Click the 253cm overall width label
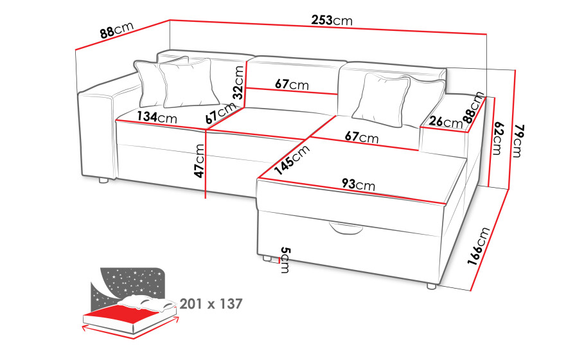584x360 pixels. pos(332,20)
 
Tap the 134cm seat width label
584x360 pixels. pos(157,117)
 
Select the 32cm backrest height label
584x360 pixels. pos(238,82)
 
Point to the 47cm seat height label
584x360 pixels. pos(199,161)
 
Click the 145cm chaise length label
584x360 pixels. pos(292,159)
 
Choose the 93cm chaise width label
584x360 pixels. pos(358,184)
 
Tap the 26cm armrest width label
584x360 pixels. pos(445,122)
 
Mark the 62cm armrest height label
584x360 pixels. pos(497,138)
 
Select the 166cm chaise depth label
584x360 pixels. pos(479,246)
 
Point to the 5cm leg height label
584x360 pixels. pos(285,260)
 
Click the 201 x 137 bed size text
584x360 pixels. pos(211,303)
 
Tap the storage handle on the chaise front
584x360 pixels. pos(346,228)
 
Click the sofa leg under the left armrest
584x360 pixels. pos(103,181)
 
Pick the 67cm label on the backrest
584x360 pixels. pos(292,84)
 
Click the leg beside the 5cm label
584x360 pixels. pos(267,258)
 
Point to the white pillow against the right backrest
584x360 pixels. pos(380,99)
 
